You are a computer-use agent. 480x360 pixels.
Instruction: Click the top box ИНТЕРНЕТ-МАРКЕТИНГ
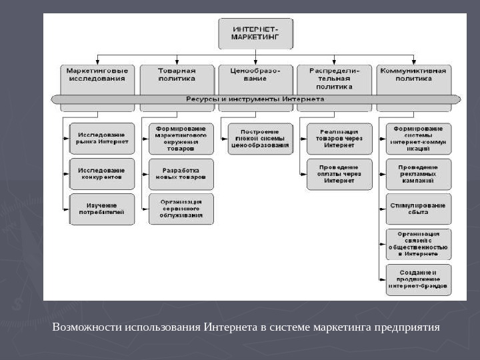coord(255,33)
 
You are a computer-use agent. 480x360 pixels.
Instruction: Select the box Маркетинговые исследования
coord(97,75)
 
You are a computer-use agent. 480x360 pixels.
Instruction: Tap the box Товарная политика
coord(177,75)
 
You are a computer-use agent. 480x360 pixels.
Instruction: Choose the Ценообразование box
coord(255,75)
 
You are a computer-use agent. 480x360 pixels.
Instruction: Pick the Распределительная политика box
coord(335,79)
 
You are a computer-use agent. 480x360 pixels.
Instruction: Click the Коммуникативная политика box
coord(413,75)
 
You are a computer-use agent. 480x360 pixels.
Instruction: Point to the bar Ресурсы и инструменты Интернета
coord(255,99)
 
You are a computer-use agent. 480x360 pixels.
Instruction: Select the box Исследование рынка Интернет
coord(102,138)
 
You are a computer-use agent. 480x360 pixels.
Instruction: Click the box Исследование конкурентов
coord(102,173)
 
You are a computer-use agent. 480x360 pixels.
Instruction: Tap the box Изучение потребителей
coord(102,209)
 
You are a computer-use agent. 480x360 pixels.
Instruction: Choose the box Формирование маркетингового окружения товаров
coord(181,138)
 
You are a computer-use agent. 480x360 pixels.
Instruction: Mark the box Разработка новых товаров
coord(181,174)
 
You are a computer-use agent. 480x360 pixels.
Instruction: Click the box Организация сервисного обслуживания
coord(181,209)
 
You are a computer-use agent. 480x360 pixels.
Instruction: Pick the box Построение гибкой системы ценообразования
coord(261,138)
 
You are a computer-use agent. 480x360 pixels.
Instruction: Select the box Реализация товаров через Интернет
coord(339,138)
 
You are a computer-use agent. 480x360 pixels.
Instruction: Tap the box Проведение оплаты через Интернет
coord(339,174)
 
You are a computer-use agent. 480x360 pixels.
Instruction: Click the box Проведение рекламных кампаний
coord(419,174)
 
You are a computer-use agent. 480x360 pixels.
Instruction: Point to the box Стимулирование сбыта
coord(419,209)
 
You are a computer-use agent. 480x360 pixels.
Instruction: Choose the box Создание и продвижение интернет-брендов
coord(419,280)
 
